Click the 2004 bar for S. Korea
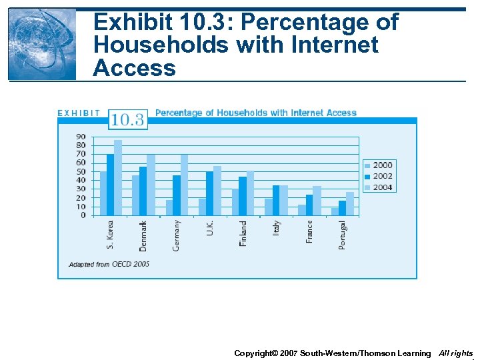[118, 178]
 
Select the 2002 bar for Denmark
[143, 191]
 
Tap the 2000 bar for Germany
[169, 207]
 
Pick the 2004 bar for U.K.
[217, 191]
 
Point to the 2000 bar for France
[302, 210]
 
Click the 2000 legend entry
[379, 165]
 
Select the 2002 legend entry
[379, 176]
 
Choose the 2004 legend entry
[379, 187]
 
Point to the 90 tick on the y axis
[80, 137]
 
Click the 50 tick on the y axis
[80, 171]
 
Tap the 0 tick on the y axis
[83, 215]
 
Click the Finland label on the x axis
[243, 233]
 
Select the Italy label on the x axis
[277, 228]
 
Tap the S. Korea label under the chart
[111, 235]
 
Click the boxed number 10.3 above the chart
[127, 120]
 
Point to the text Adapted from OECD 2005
[109, 264]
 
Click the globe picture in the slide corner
[42, 44]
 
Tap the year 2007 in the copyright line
[287, 353]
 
